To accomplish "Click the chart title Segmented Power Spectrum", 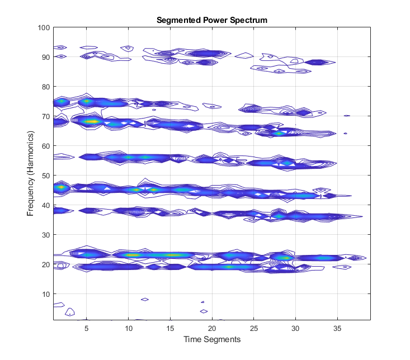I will pyautogui.click(x=212, y=20).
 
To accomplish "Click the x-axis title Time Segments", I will pyautogui.click(x=212, y=339).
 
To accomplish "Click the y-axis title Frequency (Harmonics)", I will pyautogui.click(x=31, y=175).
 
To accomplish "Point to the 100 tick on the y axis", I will pyautogui.click(x=45, y=27).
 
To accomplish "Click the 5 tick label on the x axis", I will pyautogui.click(x=87, y=328).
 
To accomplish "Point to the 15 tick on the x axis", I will pyautogui.click(x=170, y=328).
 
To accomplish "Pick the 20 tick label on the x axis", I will pyautogui.click(x=212, y=328).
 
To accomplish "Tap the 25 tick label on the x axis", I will pyautogui.click(x=254, y=328).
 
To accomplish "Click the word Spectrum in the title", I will pyautogui.click(x=249, y=20).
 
